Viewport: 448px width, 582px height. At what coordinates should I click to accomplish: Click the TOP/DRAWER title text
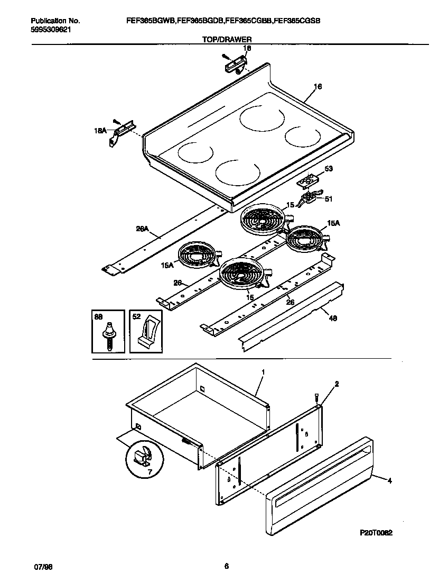pyautogui.click(x=227, y=40)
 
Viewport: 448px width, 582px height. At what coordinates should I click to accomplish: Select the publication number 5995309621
pyautogui.click(x=51, y=29)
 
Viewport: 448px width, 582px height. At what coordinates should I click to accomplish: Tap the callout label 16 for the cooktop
pyautogui.click(x=318, y=87)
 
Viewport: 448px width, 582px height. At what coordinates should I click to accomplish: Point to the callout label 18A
pyautogui.click(x=100, y=130)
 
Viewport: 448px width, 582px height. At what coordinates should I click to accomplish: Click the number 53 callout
pyautogui.click(x=329, y=169)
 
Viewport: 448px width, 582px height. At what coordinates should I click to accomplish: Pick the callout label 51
pyautogui.click(x=328, y=199)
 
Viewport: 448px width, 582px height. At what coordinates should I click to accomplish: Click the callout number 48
pyautogui.click(x=332, y=319)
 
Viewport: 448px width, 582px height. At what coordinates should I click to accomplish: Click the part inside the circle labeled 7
pyautogui.click(x=141, y=454)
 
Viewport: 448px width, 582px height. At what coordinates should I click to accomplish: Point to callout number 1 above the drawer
pyautogui.click(x=263, y=372)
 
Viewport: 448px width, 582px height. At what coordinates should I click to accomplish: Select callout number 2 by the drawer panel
pyautogui.click(x=337, y=384)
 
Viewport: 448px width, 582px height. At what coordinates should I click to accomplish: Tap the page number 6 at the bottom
pyautogui.click(x=226, y=567)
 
